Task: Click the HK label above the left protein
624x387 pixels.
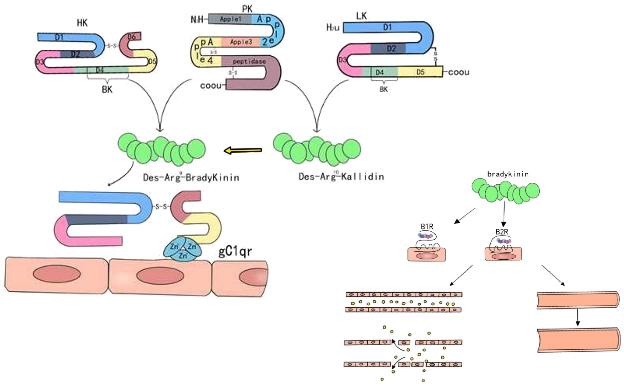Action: click(82, 23)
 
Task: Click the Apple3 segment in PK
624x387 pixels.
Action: click(241, 42)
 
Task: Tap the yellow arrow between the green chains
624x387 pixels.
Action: click(243, 150)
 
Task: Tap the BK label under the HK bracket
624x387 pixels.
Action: click(107, 89)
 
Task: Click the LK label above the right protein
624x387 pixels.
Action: click(361, 16)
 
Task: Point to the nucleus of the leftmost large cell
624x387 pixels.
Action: click(57, 274)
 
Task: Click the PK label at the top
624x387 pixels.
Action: click(247, 9)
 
